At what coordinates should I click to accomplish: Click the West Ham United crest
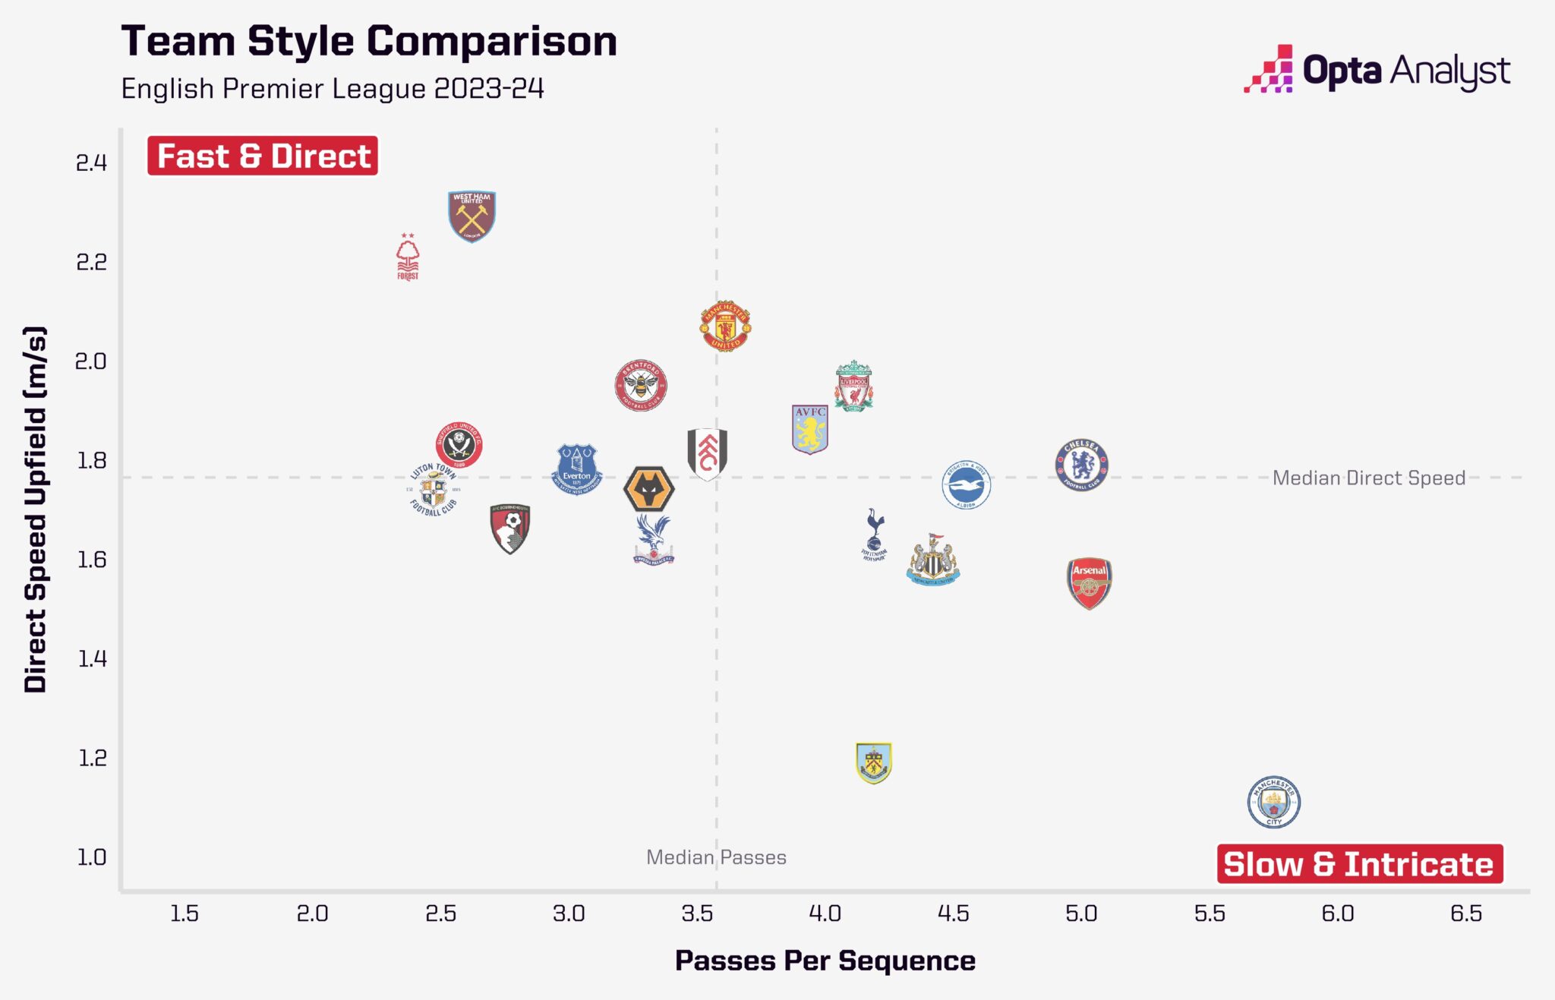[472, 216]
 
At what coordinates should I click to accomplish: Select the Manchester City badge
[1273, 802]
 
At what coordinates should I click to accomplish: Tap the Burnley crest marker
[873, 762]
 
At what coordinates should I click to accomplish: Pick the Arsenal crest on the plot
[1089, 583]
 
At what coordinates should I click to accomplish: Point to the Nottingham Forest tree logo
[408, 257]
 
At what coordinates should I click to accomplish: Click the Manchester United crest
[725, 326]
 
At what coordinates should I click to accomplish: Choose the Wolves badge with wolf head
[648, 489]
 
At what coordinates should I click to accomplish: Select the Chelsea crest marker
[1081, 465]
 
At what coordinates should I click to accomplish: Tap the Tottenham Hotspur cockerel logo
[874, 535]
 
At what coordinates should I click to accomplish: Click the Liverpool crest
[853, 386]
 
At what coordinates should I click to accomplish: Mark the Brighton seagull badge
[966, 484]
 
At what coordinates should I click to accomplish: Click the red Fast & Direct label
[263, 156]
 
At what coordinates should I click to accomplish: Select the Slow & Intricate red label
[1359, 864]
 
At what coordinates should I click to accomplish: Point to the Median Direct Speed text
[1368, 478]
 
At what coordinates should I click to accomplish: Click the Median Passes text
[715, 857]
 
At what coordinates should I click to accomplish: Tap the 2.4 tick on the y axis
[91, 162]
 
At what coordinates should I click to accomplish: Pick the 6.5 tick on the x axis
[1465, 913]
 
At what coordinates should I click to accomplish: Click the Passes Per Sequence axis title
[825, 961]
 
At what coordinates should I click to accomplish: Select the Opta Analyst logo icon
[1269, 70]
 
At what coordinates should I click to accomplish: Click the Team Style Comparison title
[369, 41]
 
